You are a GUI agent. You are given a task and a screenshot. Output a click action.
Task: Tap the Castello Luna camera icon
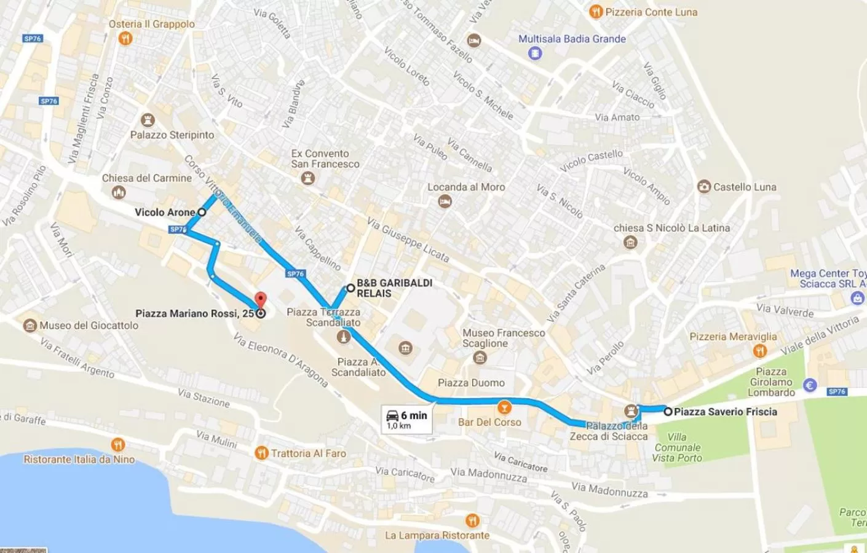click(704, 187)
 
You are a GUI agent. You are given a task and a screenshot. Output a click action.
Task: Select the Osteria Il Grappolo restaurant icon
click(125, 39)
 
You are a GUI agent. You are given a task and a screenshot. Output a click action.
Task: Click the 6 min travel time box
click(406, 420)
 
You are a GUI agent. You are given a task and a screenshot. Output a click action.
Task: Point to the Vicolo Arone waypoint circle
click(202, 212)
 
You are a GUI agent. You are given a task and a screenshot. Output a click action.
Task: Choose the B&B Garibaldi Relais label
click(394, 288)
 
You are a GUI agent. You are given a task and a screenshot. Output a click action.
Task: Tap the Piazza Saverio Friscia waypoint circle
click(668, 412)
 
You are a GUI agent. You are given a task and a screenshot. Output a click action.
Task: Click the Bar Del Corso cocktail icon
click(504, 407)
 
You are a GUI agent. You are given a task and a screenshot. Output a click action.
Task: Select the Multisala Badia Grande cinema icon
click(535, 53)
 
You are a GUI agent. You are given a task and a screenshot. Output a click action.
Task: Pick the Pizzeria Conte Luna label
click(651, 12)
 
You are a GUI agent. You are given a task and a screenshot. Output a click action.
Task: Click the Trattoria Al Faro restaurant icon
click(261, 453)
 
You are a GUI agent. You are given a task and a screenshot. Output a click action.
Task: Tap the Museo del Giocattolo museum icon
click(30, 326)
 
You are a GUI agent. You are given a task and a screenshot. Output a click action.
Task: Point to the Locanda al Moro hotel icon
click(445, 202)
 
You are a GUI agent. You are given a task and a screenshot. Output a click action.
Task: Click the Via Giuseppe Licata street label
click(408, 239)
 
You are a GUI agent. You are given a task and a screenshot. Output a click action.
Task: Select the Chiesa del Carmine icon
click(119, 192)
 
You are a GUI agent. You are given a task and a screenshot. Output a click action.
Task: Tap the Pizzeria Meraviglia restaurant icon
click(760, 351)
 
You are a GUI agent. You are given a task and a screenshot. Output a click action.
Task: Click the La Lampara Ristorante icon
click(472, 521)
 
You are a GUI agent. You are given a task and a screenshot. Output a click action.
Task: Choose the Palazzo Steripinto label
click(172, 135)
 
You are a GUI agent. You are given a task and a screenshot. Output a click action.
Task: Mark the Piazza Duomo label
click(471, 383)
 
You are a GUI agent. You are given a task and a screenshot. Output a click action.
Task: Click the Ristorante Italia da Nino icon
click(118, 444)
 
